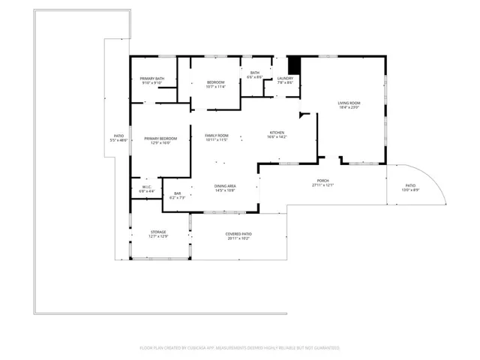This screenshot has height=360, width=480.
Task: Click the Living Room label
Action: point(349,103)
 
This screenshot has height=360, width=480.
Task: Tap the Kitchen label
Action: point(277,133)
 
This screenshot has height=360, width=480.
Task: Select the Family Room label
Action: point(216,135)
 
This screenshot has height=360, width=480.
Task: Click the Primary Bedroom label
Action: point(160,138)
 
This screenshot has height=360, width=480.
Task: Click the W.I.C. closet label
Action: point(147,186)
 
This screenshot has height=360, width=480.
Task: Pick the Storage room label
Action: point(157,232)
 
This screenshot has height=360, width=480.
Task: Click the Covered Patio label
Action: point(238,234)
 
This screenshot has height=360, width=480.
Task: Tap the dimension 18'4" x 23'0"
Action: point(349,108)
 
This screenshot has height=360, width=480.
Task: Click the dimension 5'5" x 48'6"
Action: point(118,140)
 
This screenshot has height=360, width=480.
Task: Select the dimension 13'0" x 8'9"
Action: point(410,190)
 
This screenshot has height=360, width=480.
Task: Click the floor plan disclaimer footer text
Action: point(240,347)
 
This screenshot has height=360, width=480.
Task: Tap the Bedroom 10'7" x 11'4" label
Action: point(216,84)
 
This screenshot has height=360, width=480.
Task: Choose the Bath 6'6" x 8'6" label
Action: point(255,74)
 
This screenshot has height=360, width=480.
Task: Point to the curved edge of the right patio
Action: point(439,184)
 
